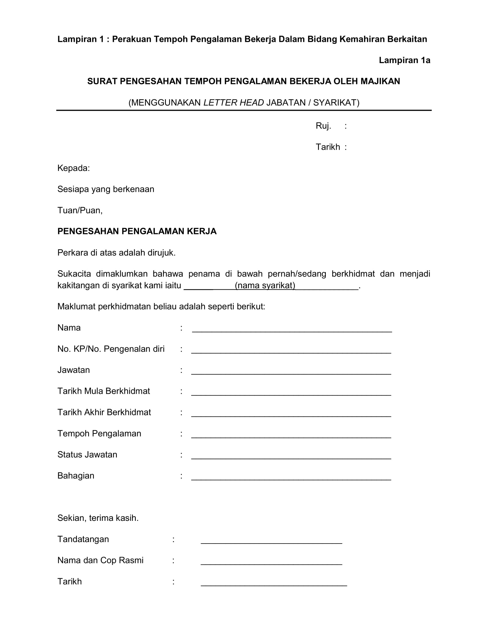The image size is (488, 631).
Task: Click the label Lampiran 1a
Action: [404, 61]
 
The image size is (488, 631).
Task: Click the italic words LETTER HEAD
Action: [234, 103]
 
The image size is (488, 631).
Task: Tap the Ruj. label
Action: [323, 126]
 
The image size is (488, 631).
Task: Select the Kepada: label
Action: [73, 168]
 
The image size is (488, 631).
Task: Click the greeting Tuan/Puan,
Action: [80, 210]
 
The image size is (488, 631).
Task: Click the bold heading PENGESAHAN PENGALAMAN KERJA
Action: [137, 231]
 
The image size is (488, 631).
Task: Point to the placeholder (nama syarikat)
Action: [265, 285]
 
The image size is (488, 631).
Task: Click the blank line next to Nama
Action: [292, 331]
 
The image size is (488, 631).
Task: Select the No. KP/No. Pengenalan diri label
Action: [111, 349]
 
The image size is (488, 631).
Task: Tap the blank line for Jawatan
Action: [291, 373]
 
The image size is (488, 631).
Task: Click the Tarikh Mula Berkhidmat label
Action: [104, 391]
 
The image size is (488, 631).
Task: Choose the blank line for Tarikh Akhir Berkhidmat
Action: [291, 416]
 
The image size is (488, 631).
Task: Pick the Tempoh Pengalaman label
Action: [99, 433]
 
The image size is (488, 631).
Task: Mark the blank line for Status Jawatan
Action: [291, 458]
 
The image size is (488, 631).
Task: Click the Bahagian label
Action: [76, 476]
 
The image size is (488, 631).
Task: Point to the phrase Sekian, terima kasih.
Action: [98, 518]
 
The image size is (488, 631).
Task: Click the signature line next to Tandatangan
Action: [271, 543]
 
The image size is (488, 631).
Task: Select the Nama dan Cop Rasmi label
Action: [100, 560]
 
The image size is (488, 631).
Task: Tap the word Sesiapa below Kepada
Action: [73, 189]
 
